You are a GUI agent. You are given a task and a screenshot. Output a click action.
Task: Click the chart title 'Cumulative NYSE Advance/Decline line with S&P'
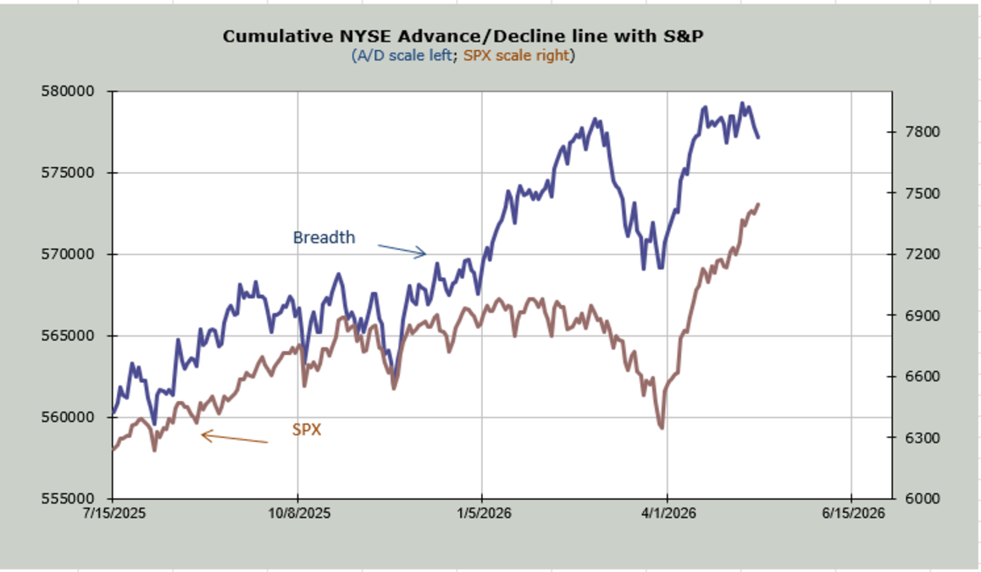(x=463, y=36)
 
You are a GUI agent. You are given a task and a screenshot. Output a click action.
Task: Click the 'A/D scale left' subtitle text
(x=403, y=55)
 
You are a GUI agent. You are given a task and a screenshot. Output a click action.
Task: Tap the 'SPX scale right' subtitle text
(x=516, y=55)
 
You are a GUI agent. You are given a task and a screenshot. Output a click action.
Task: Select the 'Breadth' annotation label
(x=324, y=237)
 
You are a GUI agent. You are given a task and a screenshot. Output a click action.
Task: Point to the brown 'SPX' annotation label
(x=307, y=430)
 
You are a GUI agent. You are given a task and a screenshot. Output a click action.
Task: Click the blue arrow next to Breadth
(x=402, y=250)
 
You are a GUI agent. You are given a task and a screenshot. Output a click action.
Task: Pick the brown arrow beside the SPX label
(x=235, y=436)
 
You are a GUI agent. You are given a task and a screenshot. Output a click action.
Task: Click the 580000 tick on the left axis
(x=68, y=92)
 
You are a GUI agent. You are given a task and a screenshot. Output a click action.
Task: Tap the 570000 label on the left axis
(x=68, y=254)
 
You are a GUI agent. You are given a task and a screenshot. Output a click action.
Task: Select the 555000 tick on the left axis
(x=68, y=499)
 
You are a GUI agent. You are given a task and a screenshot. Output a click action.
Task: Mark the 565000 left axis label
(x=68, y=336)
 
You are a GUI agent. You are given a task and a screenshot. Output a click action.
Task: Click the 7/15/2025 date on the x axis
(x=114, y=514)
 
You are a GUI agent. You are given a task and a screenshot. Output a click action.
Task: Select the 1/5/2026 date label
(x=484, y=514)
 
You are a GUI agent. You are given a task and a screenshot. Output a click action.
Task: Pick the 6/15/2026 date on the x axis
(x=853, y=514)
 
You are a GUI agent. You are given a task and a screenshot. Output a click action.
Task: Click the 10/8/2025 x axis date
(x=299, y=514)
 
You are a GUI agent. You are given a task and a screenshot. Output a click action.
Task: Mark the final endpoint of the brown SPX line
(x=758, y=204)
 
